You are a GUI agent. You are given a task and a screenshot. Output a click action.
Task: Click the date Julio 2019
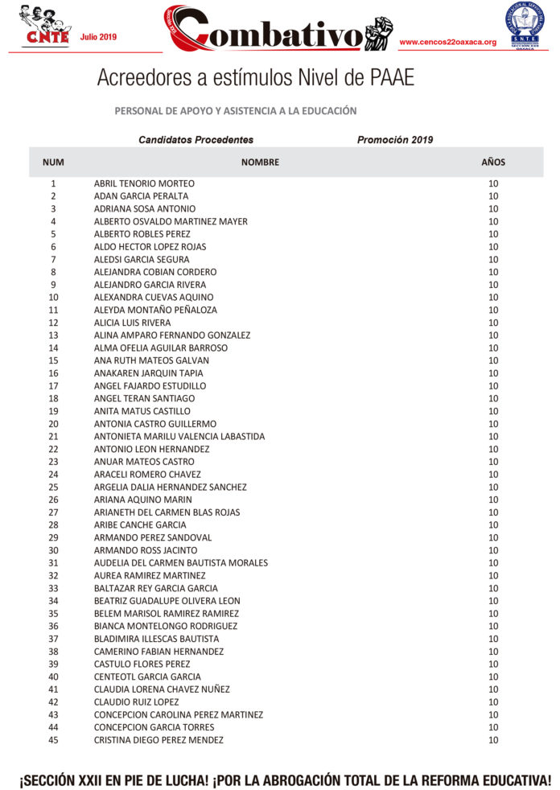click(98, 37)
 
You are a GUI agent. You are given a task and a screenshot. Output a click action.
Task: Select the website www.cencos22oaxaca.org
click(447, 42)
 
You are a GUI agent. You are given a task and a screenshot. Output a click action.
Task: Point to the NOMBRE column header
click(260, 163)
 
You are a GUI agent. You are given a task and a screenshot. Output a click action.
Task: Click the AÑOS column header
click(493, 163)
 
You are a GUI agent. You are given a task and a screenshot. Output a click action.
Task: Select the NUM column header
click(53, 163)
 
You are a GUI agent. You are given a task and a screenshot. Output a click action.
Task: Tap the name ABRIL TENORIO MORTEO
click(144, 183)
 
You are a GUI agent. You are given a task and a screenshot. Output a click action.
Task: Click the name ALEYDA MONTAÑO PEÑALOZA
click(155, 310)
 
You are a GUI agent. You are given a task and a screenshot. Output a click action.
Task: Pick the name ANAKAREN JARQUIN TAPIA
click(148, 373)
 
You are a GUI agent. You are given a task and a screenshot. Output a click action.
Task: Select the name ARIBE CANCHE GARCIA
click(140, 525)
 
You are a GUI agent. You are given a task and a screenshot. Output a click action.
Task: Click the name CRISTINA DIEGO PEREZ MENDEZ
click(159, 740)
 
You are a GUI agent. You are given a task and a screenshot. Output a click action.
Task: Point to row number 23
click(53, 462)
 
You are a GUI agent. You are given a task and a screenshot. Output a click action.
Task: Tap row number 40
click(53, 677)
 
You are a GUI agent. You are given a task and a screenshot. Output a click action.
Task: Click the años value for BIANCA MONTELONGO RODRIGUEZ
click(493, 626)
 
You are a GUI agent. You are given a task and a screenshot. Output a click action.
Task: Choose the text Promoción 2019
click(395, 140)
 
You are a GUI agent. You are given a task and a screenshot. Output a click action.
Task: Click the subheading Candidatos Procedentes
click(196, 140)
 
